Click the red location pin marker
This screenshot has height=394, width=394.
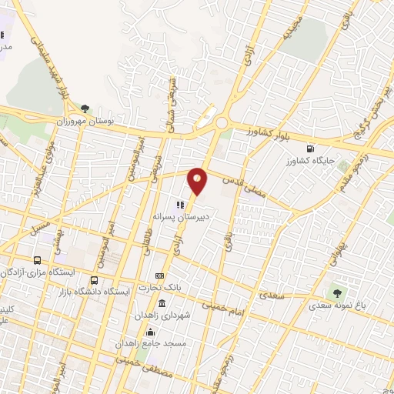point(198,180)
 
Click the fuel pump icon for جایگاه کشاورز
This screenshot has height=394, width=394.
point(309,149)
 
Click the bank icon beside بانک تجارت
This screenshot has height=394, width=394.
point(159,275)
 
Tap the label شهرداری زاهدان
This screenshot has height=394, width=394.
point(158,316)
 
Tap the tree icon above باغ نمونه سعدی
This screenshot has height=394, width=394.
point(336,292)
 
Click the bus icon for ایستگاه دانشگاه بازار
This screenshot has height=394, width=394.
point(95,280)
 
